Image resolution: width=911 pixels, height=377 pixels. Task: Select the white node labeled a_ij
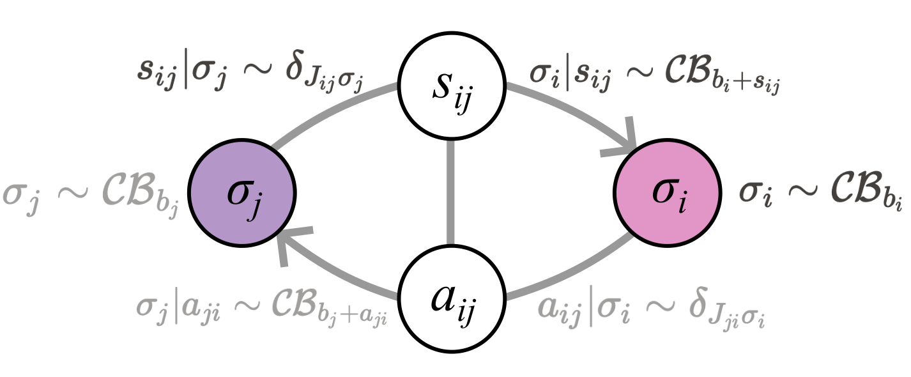pyautogui.click(x=452, y=298)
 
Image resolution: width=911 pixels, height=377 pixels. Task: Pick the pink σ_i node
pyautogui.click(x=668, y=192)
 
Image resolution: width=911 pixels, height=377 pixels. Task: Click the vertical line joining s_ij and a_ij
pyautogui.click(x=452, y=192)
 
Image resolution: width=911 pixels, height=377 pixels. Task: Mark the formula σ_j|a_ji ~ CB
pyautogui.click(x=262, y=309)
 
